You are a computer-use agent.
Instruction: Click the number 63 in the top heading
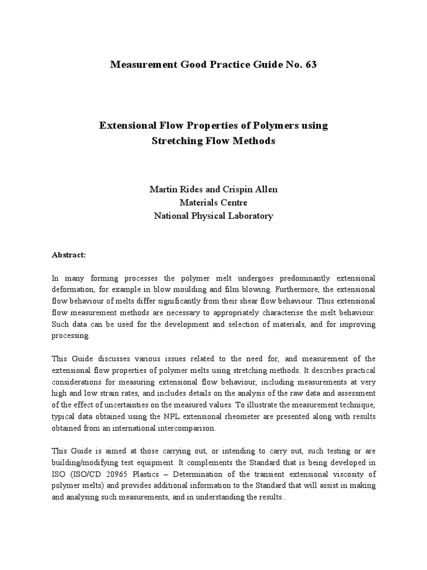click(310, 65)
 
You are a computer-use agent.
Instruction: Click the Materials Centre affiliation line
click(213, 203)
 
